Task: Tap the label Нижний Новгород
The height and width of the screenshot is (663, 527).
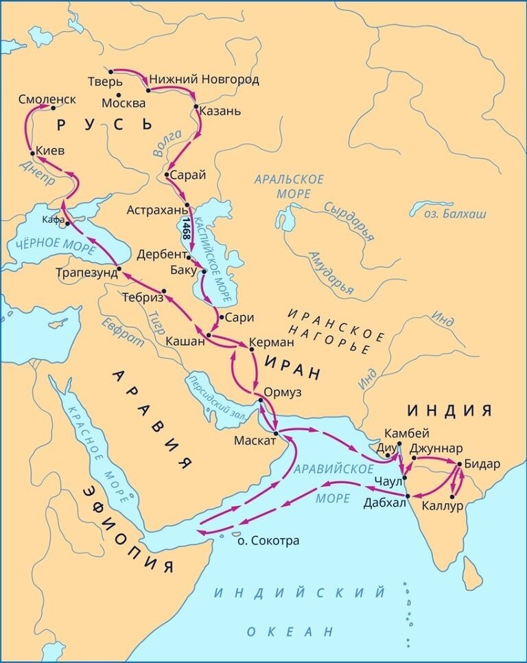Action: click(204, 80)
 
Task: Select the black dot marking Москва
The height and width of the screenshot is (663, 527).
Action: click(119, 95)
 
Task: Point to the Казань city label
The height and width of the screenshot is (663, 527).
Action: click(220, 110)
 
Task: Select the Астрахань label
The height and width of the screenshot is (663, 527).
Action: click(156, 209)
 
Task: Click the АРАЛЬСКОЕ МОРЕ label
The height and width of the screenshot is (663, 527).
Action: click(289, 186)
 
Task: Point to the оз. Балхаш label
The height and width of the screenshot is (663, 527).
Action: click(459, 214)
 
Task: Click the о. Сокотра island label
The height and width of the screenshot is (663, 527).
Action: click(267, 540)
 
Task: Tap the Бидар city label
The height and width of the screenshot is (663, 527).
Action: click(482, 463)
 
